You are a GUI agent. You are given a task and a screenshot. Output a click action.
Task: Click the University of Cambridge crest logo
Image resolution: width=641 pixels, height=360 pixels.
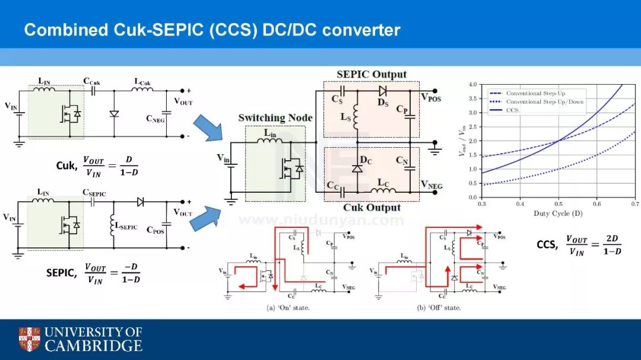pos(29,339)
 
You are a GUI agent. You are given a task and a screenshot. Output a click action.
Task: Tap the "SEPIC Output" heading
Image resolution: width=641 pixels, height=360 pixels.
pos(372,74)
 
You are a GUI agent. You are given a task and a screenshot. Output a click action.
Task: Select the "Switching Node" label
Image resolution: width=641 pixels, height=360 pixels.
pos(275,117)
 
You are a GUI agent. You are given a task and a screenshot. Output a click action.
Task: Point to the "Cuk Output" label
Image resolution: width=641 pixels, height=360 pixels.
pos(372,208)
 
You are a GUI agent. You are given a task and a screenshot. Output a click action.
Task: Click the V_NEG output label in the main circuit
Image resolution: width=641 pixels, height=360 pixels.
pos(432,185)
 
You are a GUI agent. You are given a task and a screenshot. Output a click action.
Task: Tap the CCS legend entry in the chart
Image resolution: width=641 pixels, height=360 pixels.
pos(512,110)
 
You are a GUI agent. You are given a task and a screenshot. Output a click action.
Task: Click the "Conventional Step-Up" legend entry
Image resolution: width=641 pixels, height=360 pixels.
pos(532,93)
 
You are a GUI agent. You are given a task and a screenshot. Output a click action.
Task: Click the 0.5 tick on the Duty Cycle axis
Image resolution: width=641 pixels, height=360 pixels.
pos(559,203)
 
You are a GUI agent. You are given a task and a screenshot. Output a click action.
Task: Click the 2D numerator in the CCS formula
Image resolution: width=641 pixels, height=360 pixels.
pos(611,238)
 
